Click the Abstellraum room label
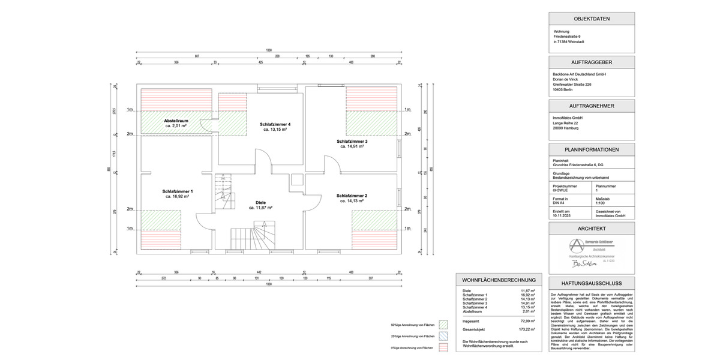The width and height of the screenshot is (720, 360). click(x=176, y=121)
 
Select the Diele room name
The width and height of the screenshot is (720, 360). click(x=260, y=203)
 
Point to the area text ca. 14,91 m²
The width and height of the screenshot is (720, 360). click(x=352, y=146)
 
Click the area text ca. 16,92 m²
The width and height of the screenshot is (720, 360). click(x=177, y=196)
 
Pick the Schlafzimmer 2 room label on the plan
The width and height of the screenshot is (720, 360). click(x=352, y=196)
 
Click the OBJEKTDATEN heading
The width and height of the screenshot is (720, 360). click(x=592, y=19)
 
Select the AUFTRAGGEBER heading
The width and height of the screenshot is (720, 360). click(x=592, y=62)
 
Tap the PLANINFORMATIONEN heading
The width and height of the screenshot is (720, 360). click(x=592, y=150)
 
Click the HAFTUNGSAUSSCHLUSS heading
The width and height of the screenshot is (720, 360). click(x=592, y=283)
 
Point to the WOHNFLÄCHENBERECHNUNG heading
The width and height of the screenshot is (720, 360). click(x=498, y=280)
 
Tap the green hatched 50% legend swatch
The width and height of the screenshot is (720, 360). click(x=444, y=325)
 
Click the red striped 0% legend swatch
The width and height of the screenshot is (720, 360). click(x=444, y=347)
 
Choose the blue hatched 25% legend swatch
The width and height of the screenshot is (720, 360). click(x=444, y=337)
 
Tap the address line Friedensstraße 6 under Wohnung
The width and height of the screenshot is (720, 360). click(x=567, y=37)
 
